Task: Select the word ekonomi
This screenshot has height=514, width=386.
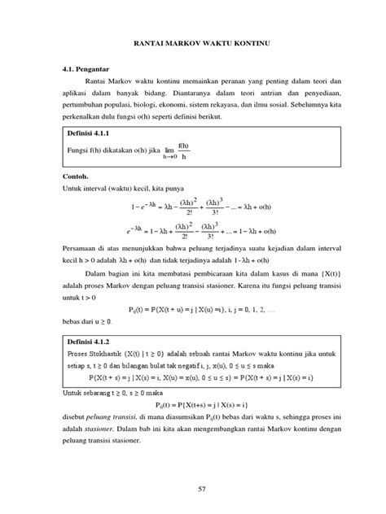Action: pos(209,105)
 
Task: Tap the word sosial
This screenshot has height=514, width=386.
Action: pos(309,105)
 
